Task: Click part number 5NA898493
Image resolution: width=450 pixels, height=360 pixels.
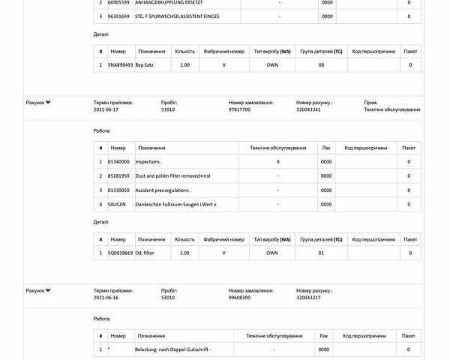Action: [120, 65]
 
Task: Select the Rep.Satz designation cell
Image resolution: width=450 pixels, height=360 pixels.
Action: [145, 65]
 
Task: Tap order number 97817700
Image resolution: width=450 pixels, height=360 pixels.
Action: [239, 109]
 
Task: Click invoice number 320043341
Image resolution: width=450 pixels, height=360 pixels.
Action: [308, 109]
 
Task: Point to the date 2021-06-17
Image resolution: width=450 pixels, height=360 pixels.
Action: [106, 109]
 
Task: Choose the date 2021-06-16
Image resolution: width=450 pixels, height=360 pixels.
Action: [106, 298]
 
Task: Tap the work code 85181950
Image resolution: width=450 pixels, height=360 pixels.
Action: [118, 176]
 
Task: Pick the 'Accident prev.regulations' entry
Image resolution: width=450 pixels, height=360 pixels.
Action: [158, 190]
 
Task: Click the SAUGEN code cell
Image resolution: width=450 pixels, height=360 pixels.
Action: [117, 205]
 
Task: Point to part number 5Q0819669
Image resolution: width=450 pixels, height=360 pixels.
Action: [120, 253]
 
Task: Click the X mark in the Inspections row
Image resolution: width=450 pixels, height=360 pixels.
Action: [278, 162]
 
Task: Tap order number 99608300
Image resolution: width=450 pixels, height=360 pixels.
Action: [239, 298]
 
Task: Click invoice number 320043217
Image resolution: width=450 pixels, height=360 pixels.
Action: [308, 298]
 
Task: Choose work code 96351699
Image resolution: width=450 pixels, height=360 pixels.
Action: [118, 16]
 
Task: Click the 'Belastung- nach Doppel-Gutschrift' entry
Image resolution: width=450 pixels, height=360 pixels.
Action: [173, 349]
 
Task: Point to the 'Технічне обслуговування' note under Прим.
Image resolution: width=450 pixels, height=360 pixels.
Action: [391, 109]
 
